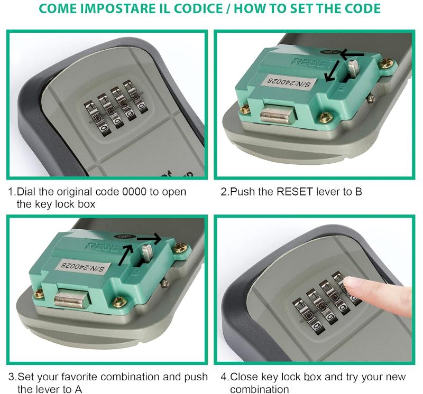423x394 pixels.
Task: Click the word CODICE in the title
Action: point(198,8)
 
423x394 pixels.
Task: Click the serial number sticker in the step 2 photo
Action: point(289,82)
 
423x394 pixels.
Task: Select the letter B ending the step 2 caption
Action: point(358,192)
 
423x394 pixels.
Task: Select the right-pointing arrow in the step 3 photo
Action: point(149,238)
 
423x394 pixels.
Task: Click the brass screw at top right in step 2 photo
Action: point(387,63)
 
